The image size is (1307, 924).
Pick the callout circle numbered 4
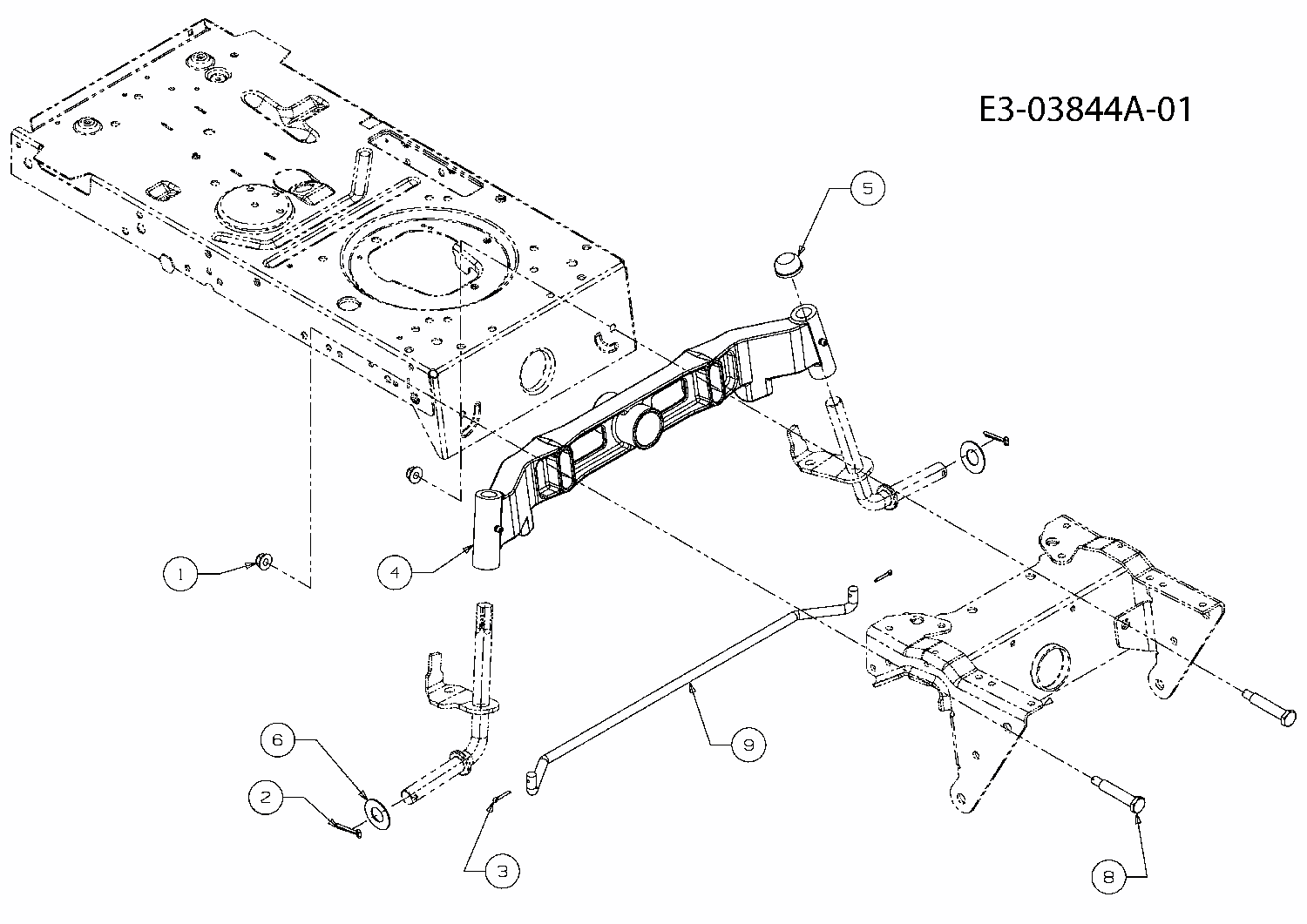coord(396,572)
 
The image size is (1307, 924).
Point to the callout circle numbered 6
coord(278,739)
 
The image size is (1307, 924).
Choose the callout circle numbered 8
coord(1108,877)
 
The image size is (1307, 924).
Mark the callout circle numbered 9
coord(748,745)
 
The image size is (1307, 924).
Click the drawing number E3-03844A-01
coord(1084,111)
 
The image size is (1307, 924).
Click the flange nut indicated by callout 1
coord(261,560)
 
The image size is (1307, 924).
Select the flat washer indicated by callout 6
coord(378,814)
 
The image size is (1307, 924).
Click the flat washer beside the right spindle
coord(971,455)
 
